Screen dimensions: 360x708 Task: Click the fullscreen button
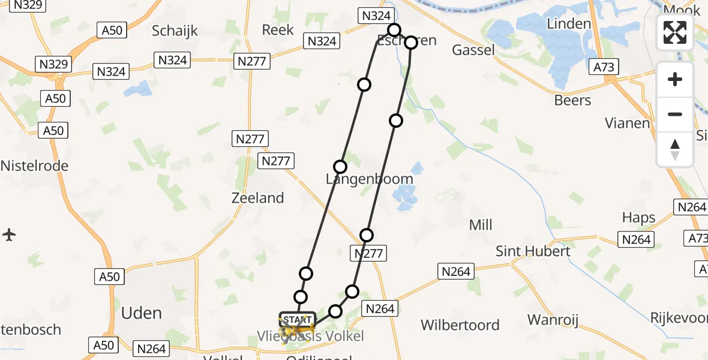tap(675, 32)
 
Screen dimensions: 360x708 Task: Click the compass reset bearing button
tap(675, 149)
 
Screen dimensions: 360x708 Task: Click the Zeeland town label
tap(258, 197)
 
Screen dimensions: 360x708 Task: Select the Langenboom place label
tap(369, 179)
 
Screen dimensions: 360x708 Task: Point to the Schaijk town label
tap(175, 31)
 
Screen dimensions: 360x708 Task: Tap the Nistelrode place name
tap(34, 166)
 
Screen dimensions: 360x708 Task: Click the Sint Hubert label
tap(533, 251)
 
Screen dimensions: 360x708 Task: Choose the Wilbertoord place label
tap(460, 325)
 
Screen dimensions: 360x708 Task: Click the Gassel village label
tap(473, 50)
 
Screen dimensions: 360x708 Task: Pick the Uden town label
tap(142, 313)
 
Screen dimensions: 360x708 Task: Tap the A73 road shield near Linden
tap(604, 67)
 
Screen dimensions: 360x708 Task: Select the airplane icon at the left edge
tap(9, 235)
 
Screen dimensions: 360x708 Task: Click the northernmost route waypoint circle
tap(394, 30)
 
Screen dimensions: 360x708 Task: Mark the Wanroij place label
tap(553, 320)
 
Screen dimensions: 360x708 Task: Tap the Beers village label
tap(572, 100)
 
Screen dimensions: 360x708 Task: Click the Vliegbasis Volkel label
tap(311, 336)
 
